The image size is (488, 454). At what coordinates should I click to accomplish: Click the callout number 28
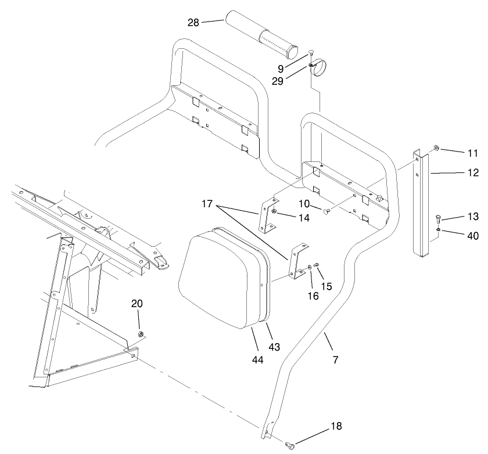point(193,23)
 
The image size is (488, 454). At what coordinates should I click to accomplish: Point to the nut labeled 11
point(436,149)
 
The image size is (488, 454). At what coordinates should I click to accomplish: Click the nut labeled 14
point(274,211)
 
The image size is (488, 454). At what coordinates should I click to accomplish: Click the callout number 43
point(274,347)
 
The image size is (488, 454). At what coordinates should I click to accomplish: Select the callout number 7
point(335,359)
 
